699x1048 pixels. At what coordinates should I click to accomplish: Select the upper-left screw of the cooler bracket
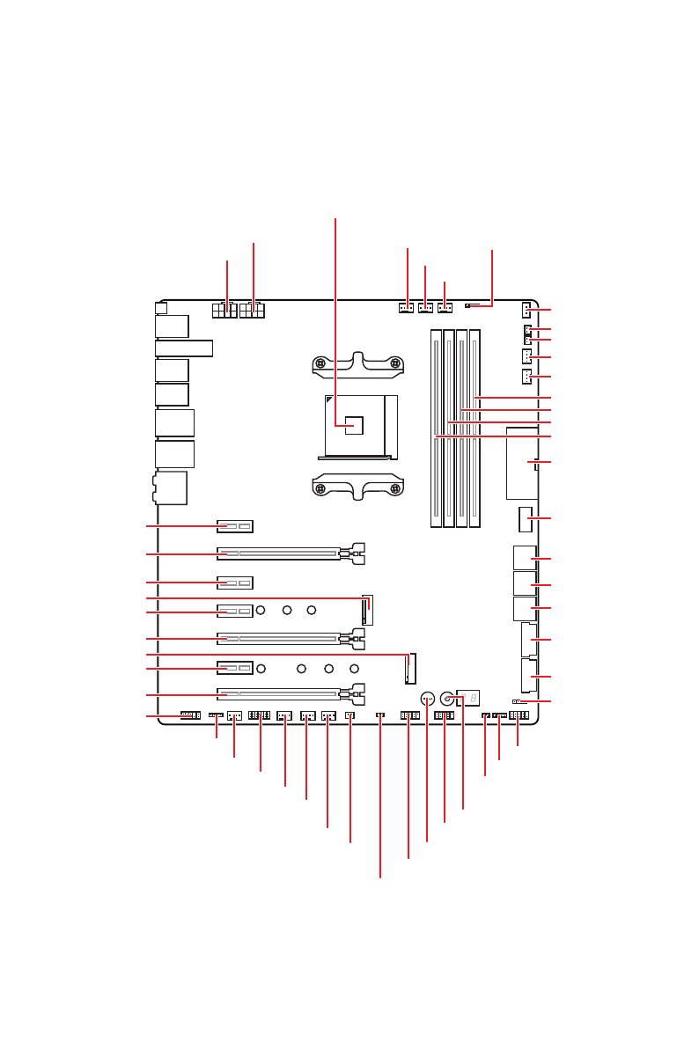pos(321,363)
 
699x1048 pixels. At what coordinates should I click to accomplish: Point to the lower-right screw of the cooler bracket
pos(396,488)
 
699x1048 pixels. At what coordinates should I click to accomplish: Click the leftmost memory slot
pos(437,429)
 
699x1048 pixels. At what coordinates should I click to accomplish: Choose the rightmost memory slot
pos(475,429)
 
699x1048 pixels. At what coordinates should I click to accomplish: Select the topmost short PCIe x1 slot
pos(235,526)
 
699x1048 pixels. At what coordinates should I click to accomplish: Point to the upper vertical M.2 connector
pos(368,609)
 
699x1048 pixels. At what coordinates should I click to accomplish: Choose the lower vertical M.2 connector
pos(409,669)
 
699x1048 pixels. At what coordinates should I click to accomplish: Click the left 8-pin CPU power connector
pos(225,311)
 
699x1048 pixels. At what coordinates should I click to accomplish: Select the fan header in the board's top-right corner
pos(526,310)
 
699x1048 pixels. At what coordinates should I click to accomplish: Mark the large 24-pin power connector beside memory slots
pos(521,463)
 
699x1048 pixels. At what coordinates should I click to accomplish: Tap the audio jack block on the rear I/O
pos(171,487)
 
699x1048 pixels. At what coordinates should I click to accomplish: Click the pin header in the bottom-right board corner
pos(519,715)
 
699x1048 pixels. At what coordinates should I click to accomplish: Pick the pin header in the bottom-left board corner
pos(190,715)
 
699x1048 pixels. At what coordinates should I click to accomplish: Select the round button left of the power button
pos(427,699)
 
